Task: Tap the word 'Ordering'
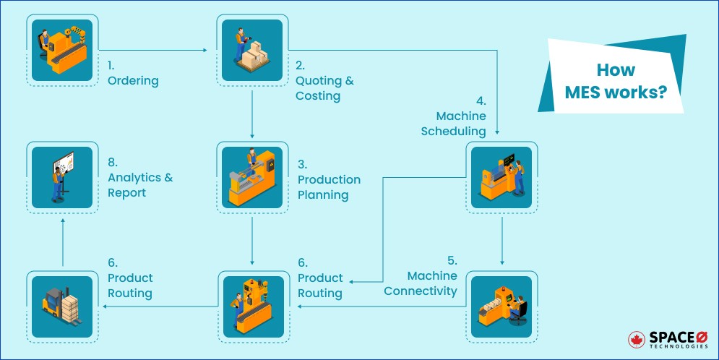132,81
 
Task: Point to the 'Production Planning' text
329,187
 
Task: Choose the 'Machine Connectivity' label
421,283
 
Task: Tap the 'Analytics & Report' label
140,185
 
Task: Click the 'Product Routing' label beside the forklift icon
130,285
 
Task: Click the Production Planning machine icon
251,178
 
